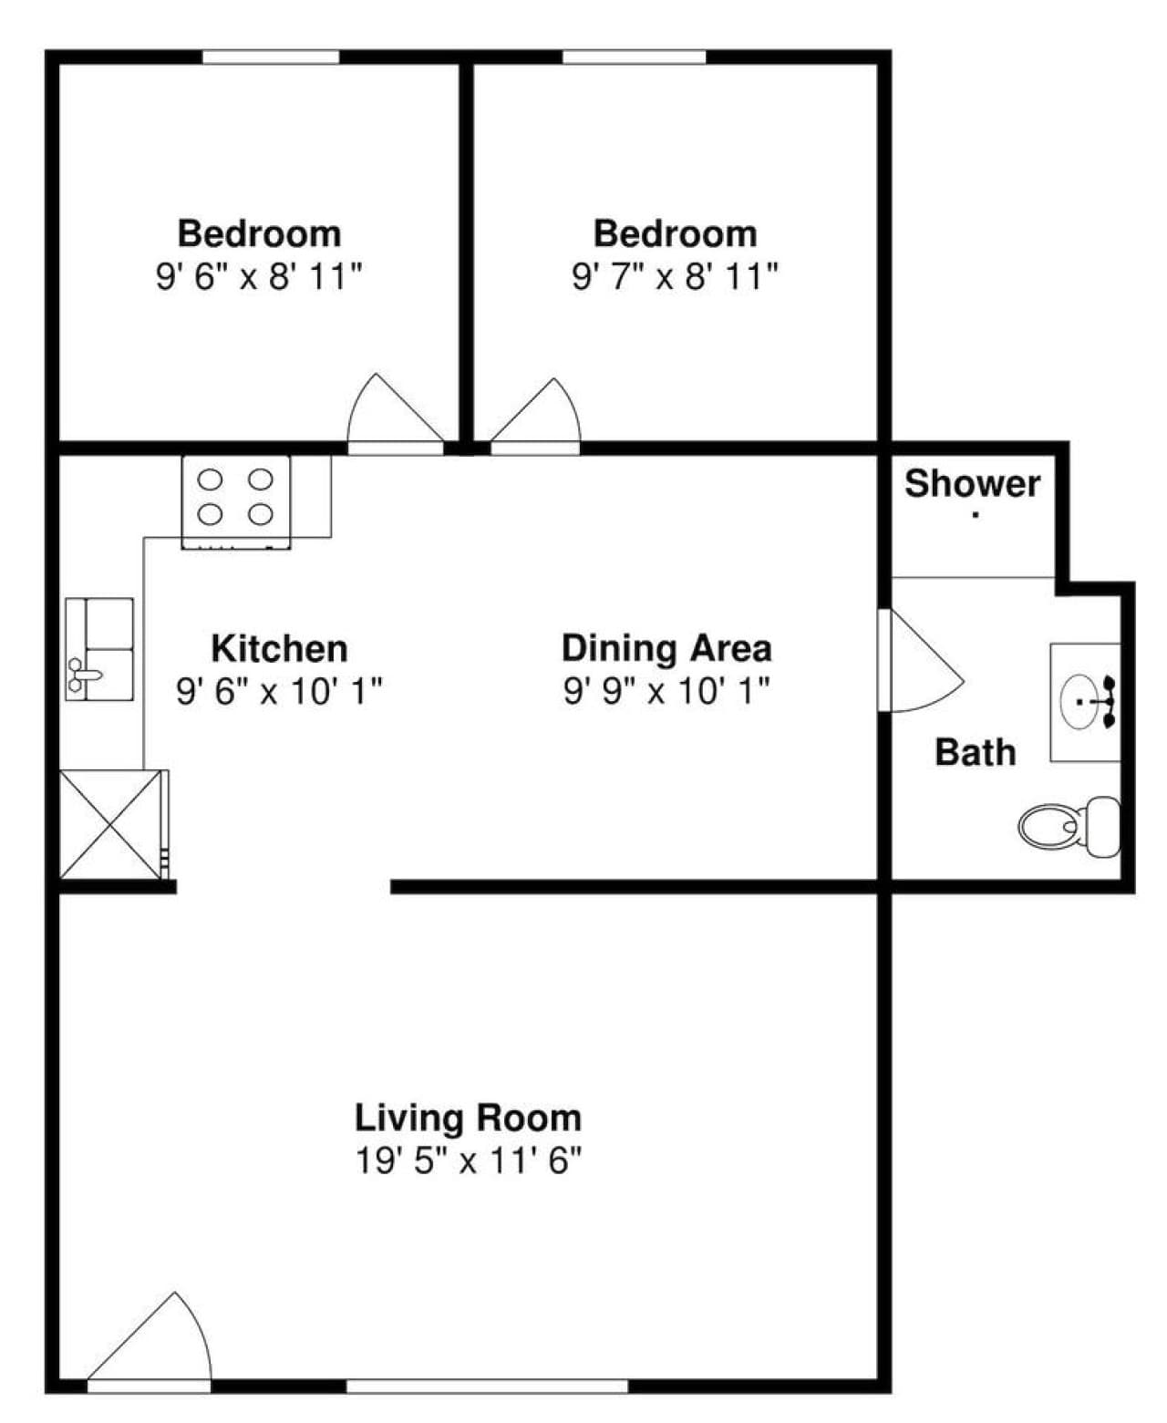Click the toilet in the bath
point(1069,827)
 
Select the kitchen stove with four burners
point(235,502)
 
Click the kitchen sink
point(99,649)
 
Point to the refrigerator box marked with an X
point(110,824)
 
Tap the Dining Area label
point(666,648)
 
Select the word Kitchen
point(279,648)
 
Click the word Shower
point(972,484)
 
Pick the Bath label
point(976,752)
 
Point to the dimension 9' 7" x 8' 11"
point(675,276)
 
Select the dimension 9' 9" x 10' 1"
point(666,691)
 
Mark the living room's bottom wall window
point(488,1386)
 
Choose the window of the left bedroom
point(271,57)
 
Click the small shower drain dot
point(976,515)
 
